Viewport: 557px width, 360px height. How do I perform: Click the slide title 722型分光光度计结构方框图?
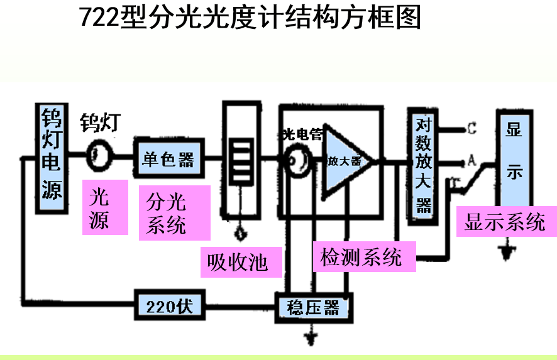(x=250, y=18)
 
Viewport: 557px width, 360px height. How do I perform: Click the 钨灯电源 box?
(x=51, y=155)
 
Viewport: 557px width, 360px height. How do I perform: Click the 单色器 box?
(x=167, y=158)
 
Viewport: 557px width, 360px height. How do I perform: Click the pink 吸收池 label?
(x=237, y=261)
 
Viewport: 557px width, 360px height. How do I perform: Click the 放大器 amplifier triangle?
(x=345, y=161)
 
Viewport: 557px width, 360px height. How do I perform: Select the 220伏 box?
(x=169, y=307)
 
